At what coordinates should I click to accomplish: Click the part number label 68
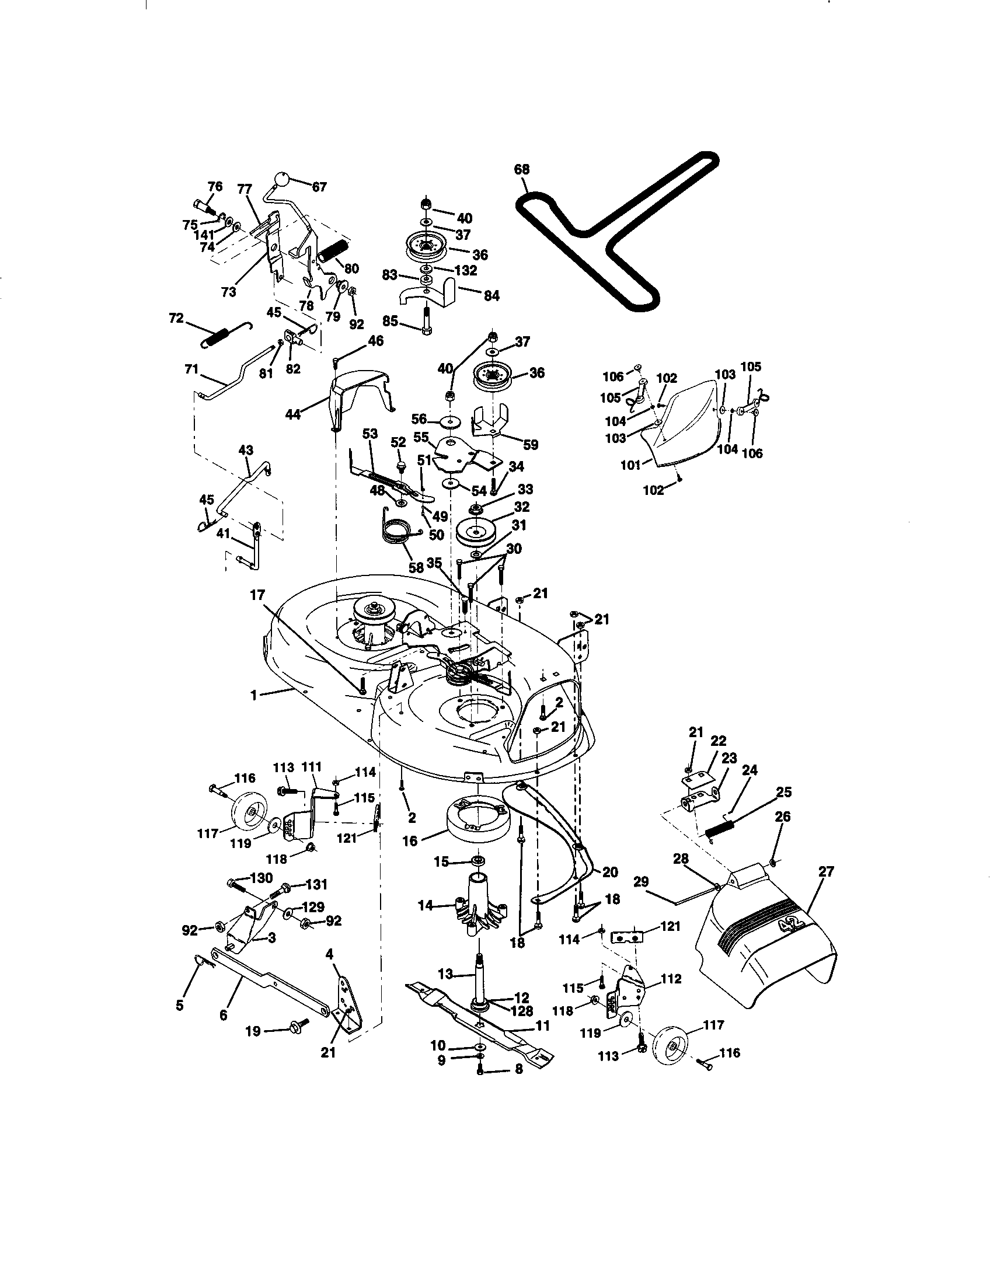point(521,169)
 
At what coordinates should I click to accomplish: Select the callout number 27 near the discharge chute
point(826,871)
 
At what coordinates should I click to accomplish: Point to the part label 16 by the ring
point(410,841)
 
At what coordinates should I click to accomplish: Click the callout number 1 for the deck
point(254,695)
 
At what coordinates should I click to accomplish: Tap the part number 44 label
point(293,414)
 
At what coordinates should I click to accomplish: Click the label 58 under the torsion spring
point(416,567)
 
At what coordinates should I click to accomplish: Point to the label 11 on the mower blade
point(542,1026)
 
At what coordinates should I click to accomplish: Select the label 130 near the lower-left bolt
point(261,878)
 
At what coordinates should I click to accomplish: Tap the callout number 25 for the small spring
point(783,792)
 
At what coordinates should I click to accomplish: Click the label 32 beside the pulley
point(521,506)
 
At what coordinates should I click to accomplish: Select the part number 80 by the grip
point(351,268)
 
